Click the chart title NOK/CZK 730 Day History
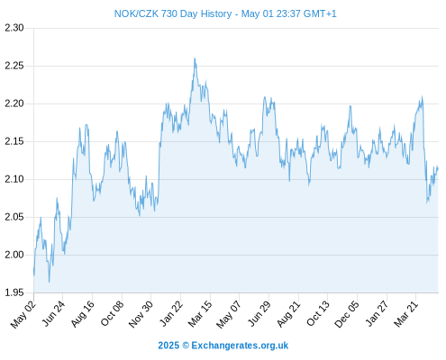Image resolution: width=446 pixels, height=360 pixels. [173, 13]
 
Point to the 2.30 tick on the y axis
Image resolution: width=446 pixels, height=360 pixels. [14, 28]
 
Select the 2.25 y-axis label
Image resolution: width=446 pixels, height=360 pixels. [14, 66]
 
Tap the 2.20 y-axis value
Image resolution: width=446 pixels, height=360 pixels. [14, 103]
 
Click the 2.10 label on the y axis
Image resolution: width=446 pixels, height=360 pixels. [14, 179]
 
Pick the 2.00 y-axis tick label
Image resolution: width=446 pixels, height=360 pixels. [14, 255]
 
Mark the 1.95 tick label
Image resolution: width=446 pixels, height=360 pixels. [14, 292]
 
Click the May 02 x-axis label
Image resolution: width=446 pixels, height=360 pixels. [23, 314]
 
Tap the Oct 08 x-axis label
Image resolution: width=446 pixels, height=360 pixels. [112, 314]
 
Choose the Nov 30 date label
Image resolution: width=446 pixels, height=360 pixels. [141, 314]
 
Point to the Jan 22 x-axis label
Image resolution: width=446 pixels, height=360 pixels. [170, 314]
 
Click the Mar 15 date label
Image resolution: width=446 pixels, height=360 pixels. [200, 314]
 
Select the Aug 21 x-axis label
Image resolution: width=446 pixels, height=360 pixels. [288, 314]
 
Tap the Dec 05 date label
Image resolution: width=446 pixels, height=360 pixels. [347, 314]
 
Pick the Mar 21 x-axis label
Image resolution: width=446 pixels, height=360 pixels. [405, 314]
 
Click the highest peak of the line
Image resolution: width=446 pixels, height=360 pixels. [195, 58]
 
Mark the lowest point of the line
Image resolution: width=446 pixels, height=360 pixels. [49, 282]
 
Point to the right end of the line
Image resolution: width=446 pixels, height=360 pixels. [438, 168]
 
